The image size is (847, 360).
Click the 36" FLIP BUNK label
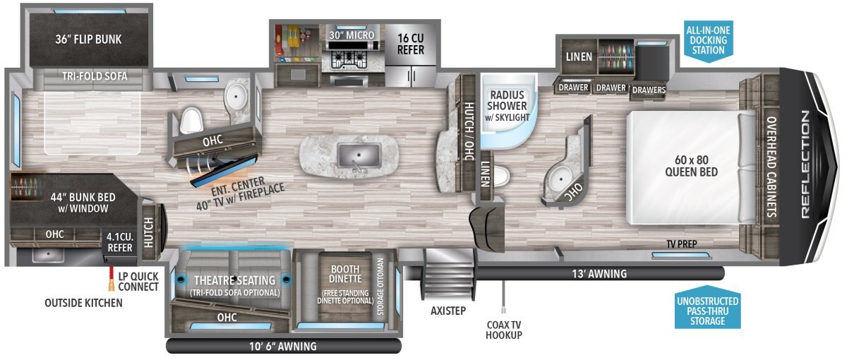tap(88, 40)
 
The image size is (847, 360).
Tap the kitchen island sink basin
tap(359, 156)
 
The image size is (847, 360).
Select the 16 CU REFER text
tap(411, 44)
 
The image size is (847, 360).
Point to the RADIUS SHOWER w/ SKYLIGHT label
tap(507, 106)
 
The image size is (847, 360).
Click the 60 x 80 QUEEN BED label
tap(692, 166)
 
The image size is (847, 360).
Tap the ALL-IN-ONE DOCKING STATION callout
tap(708, 40)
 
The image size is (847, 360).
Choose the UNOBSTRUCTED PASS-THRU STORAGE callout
tap(707, 311)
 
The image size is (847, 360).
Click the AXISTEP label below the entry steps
tap(448, 311)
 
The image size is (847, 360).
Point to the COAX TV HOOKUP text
tap(504, 330)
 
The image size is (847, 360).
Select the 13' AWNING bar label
tap(599, 274)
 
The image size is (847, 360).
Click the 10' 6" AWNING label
tap(283, 347)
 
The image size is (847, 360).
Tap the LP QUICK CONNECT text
tap(138, 282)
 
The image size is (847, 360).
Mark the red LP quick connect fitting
tap(112, 279)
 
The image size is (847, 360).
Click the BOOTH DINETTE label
tap(345, 274)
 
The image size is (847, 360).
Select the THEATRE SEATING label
tap(235, 280)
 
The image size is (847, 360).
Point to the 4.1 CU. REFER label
tap(120, 242)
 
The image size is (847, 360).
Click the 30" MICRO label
tap(352, 35)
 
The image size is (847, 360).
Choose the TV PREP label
tap(682, 244)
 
